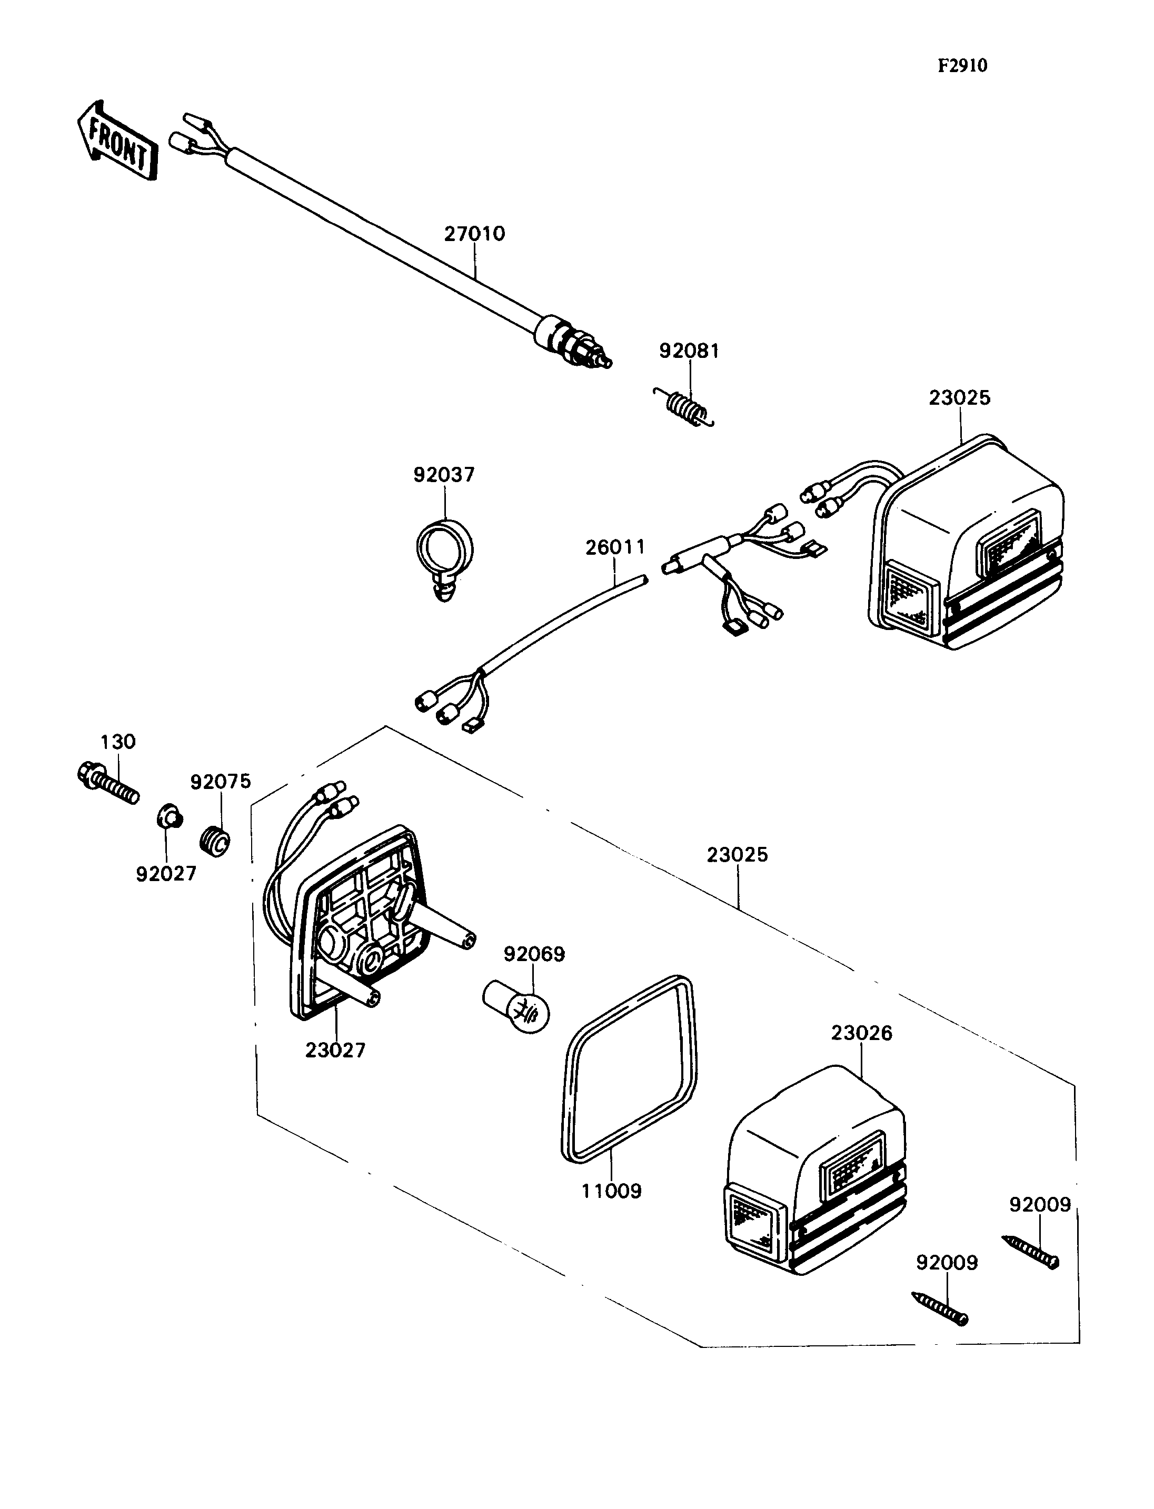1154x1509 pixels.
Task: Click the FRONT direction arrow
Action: click(117, 141)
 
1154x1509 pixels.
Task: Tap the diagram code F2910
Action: click(962, 65)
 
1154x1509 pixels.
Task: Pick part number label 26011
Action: click(615, 547)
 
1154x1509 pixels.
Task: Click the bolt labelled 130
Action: click(108, 784)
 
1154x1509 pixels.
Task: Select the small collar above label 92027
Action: click(169, 819)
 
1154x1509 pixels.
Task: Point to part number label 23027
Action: click(335, 1050)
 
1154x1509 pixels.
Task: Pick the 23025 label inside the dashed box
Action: click(737, 855)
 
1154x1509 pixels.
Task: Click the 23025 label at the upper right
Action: click(960, 398)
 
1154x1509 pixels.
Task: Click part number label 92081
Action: click(689, 351)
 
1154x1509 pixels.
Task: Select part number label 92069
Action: click(534, 954)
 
